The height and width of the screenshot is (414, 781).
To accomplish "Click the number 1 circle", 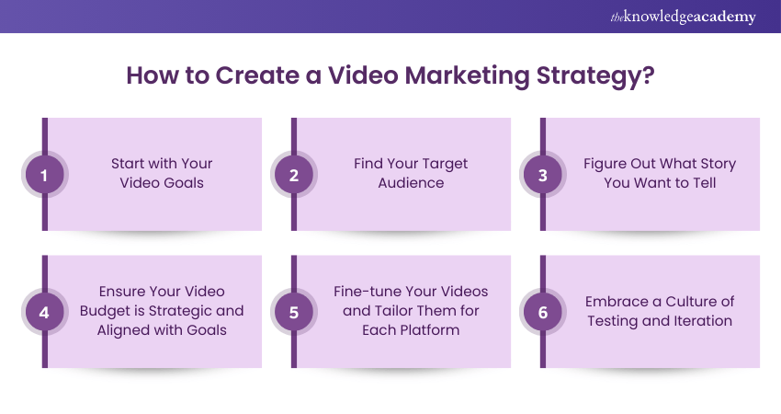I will click(44, 174).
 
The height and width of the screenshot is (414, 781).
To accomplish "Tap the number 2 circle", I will click(294, 174).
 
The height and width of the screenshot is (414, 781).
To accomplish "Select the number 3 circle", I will click(543, 174).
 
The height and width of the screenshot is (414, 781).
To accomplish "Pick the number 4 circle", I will click(44, 312).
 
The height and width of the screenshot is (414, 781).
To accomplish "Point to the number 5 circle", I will click(294, 312).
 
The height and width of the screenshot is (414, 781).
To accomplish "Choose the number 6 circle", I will click(543, 312).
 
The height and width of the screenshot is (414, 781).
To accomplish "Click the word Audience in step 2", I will click(411, 183).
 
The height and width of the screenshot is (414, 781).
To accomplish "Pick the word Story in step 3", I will click(716, 164).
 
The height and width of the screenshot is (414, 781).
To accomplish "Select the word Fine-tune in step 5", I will click(365, 292).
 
